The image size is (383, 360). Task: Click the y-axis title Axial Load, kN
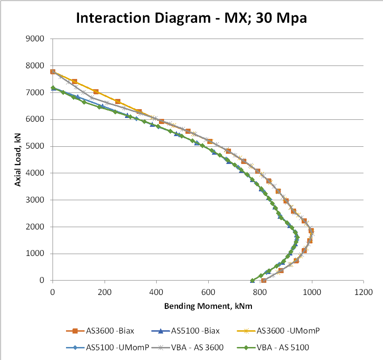(18, 159)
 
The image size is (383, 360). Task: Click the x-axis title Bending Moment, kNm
(208, 307)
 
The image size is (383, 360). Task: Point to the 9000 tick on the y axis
(36, 39)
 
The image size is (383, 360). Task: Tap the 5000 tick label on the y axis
(36, 146)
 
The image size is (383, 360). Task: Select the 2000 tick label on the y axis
(36, 227)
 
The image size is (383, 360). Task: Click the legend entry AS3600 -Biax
(106, 331)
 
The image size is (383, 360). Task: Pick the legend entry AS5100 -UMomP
(110, 347)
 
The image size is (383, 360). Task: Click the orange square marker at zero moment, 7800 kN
(53, 72)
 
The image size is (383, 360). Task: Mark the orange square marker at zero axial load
(264, 281)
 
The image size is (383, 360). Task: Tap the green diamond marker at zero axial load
(252, 281)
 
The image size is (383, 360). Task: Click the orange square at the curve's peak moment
(311, 230)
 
